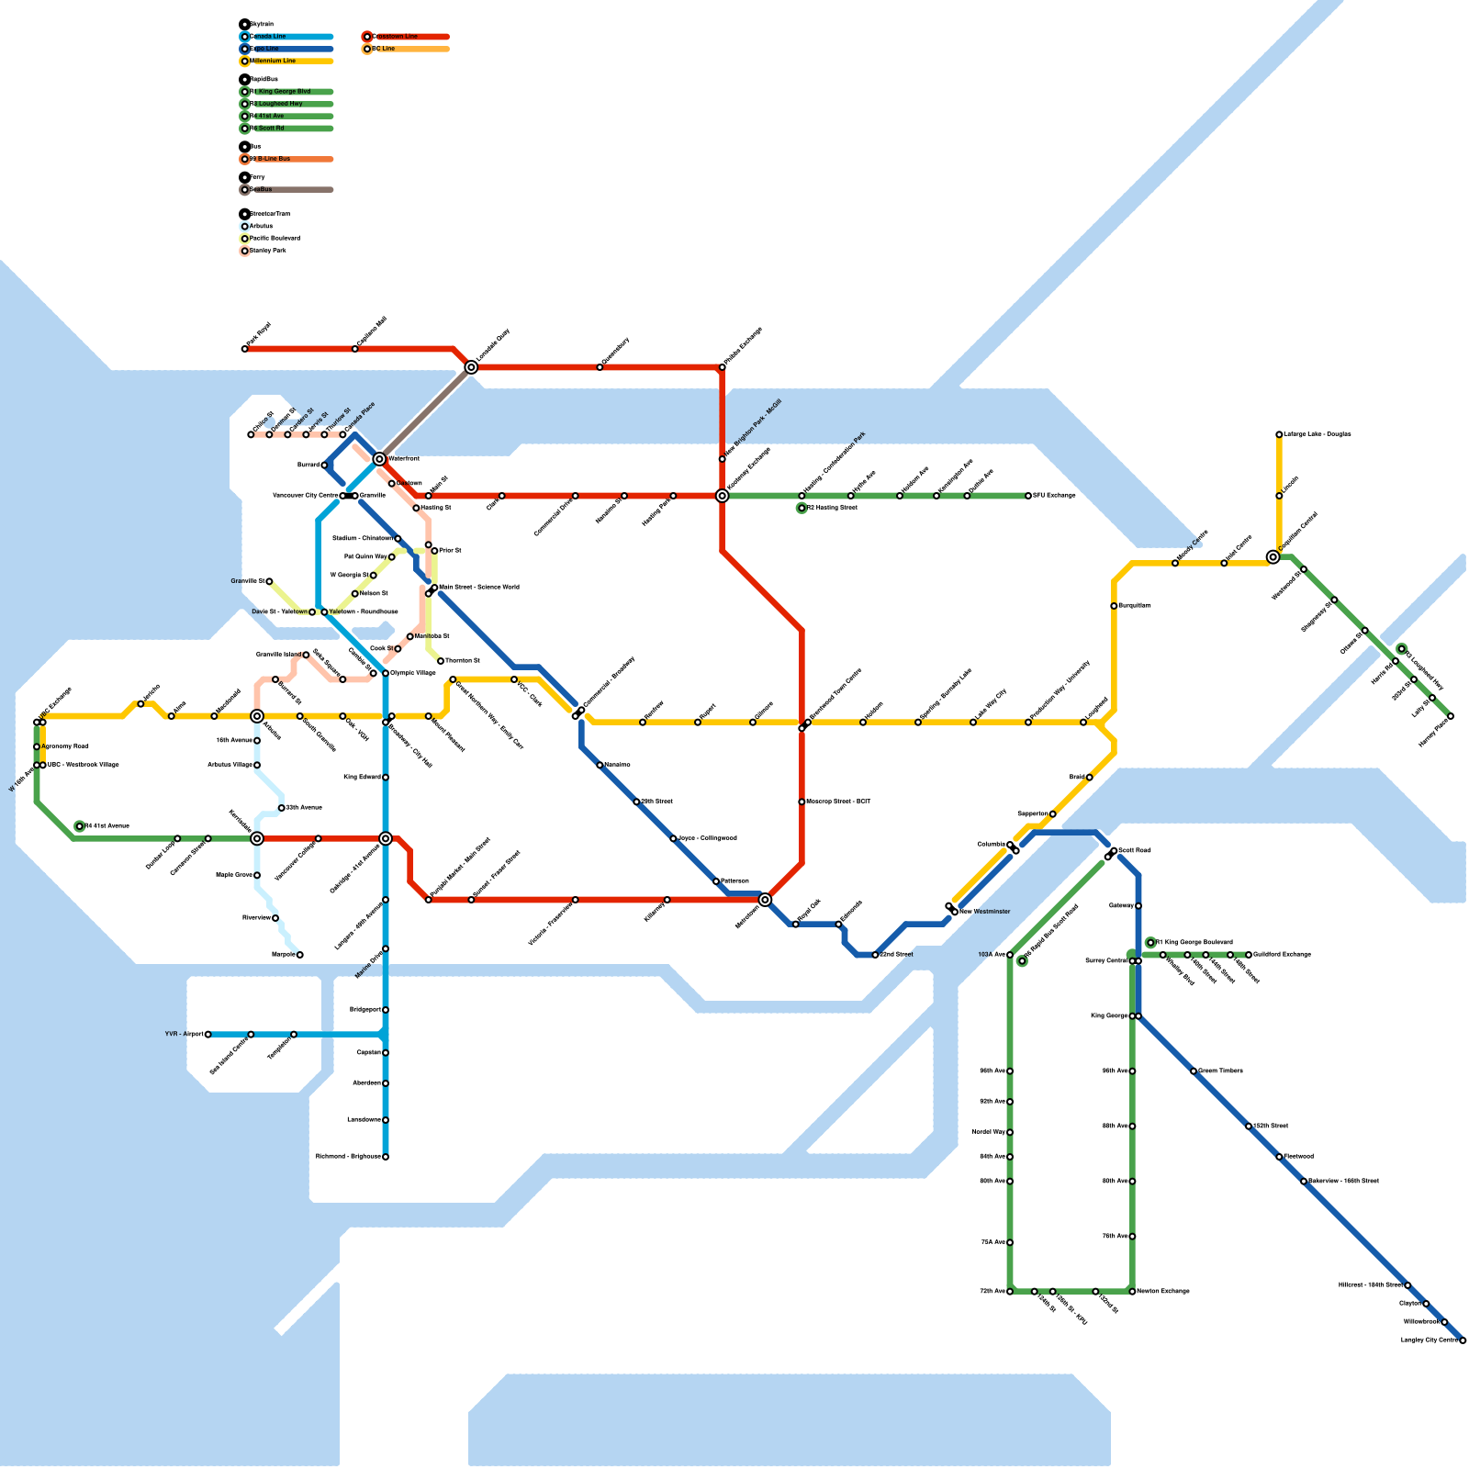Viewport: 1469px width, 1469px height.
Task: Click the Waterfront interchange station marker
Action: click(379, 458)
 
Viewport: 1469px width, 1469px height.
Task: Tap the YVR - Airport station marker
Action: click(207, 1035)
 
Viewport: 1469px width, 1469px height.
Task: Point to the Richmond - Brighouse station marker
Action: click(386, 1157)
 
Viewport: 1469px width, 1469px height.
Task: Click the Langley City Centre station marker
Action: click(1463, 1340)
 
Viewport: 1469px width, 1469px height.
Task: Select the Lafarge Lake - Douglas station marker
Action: click(1279, 434)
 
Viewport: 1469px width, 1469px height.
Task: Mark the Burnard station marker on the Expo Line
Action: click(324, 465)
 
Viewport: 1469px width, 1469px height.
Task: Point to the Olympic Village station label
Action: click(413, 673)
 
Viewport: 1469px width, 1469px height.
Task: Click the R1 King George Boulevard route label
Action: click(1194, 942)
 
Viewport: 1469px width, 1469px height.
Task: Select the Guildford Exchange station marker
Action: click(1249, 955)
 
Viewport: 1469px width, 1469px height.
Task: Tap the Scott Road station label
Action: click(1135, 850)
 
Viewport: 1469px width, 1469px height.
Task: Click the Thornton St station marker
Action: click(441, 661)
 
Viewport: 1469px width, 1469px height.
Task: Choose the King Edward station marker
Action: click(386, 778)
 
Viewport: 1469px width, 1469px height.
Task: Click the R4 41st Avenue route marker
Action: click(80, 826)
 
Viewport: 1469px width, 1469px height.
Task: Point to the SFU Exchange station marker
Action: click(1028, 496)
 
